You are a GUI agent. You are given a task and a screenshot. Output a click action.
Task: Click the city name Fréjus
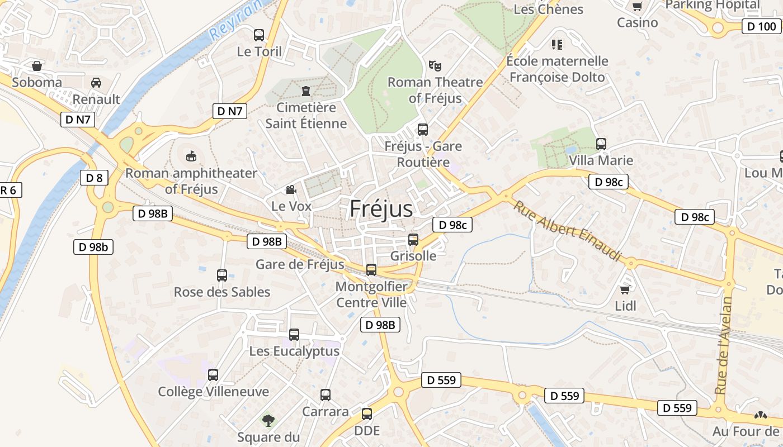[381, 209]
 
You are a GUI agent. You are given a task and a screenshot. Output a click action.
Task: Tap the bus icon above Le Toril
[259, 35]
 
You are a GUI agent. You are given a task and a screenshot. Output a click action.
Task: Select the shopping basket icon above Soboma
[37, 66]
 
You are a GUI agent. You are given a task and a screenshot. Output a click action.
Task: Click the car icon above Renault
[96, 83]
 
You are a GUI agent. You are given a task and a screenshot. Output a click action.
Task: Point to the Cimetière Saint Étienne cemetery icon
[306, 91]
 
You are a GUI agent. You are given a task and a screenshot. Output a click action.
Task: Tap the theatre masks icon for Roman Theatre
[435, 65]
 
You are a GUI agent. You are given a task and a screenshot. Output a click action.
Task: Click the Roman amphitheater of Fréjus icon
[191, 155]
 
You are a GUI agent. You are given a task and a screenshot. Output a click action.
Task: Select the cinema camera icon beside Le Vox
[291, 190]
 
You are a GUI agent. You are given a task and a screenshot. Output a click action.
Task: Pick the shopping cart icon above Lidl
[625, 289]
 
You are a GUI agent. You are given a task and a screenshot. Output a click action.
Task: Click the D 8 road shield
[94, 178]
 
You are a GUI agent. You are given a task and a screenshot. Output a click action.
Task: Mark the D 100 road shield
[761, 26]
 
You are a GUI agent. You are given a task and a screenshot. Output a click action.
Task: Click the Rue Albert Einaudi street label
[568, 230]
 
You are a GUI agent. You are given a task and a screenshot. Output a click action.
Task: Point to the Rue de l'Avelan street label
[723, 345]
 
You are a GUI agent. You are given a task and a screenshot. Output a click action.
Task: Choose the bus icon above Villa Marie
[601, 144]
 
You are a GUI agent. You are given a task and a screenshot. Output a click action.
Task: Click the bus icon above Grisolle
[413, 240]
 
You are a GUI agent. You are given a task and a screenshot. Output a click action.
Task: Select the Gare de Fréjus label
[300, 264]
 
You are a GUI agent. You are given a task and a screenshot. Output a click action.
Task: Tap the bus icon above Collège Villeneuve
[213, 375]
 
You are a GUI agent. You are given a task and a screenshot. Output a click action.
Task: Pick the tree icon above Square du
[268, 420]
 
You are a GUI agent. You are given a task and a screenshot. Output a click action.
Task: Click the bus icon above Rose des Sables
[222, 275]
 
